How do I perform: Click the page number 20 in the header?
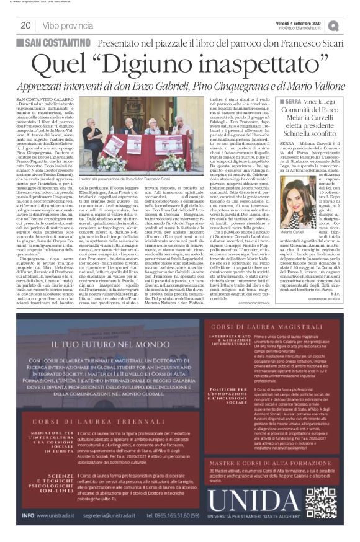point(26,25)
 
